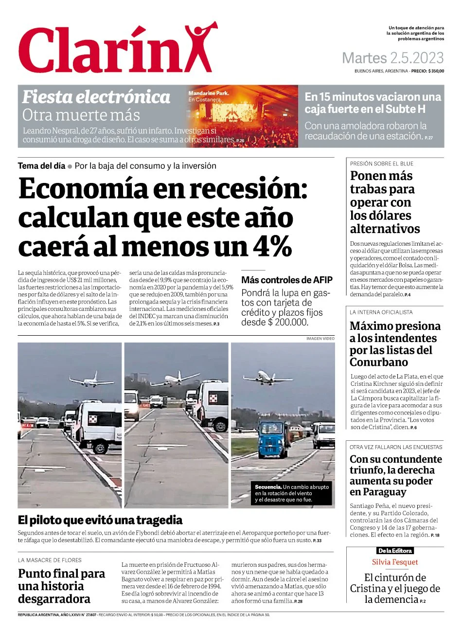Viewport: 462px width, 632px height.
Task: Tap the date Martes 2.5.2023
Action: (x=392, y=58)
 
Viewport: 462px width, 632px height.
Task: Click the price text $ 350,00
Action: (x=436, y=71)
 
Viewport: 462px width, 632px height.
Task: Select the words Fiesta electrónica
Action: (x=96, y=97)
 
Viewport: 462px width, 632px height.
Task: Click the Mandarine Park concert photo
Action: (x=243, y=116)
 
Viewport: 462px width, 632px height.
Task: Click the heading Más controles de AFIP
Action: (x=287, y=280)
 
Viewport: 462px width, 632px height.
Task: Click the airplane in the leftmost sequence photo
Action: (x=91, y=379)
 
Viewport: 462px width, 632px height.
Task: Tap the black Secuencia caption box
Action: (x=292, y=493)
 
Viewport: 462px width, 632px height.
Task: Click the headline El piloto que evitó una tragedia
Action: (x=100, y=520)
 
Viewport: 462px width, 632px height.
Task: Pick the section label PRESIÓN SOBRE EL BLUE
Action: (x=382, y=164)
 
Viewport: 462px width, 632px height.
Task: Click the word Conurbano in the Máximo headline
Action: (x=379, y=362)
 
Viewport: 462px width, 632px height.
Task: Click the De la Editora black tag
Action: (x=395, y=551)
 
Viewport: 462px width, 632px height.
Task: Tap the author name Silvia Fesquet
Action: (x=395, y=562)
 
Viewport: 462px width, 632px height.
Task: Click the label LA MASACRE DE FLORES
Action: (x=50, y=560)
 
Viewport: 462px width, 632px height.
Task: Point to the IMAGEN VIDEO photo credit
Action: (x=320, y=338)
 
